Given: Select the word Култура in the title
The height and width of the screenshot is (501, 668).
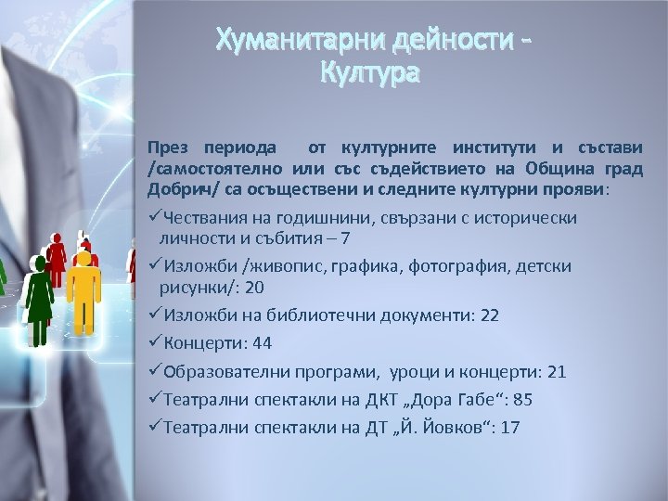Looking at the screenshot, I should pyautogui.click(x=368, y=71).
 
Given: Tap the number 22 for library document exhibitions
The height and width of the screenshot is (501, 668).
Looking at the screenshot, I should pyautogui.click(x=489, y=315).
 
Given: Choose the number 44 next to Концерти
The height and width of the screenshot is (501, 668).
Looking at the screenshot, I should pyautogui.click(x=262, y=343).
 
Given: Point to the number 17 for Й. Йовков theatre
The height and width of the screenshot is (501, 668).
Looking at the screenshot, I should pyautogui.click(x=509, y=428).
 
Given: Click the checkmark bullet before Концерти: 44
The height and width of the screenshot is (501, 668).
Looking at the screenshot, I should pyautogui.click(x=155, y=342).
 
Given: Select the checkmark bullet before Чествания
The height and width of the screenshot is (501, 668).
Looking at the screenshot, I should pyautogui.click(x=155, y=217).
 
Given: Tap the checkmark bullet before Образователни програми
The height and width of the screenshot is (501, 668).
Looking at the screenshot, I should pyautogui.click(x=155, y=370).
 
